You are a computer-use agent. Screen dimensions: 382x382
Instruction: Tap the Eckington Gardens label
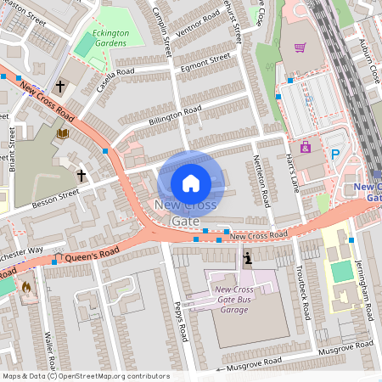(107, 38)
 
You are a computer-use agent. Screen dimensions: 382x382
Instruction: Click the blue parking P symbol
(335, 154)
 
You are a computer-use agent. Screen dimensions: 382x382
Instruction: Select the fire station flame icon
(25, 287)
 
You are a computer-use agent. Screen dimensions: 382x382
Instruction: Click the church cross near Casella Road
(60, 87)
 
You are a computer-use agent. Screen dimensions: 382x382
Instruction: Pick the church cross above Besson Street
(81, 176)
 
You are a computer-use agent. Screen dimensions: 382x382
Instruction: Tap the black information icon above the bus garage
(247, 258)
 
